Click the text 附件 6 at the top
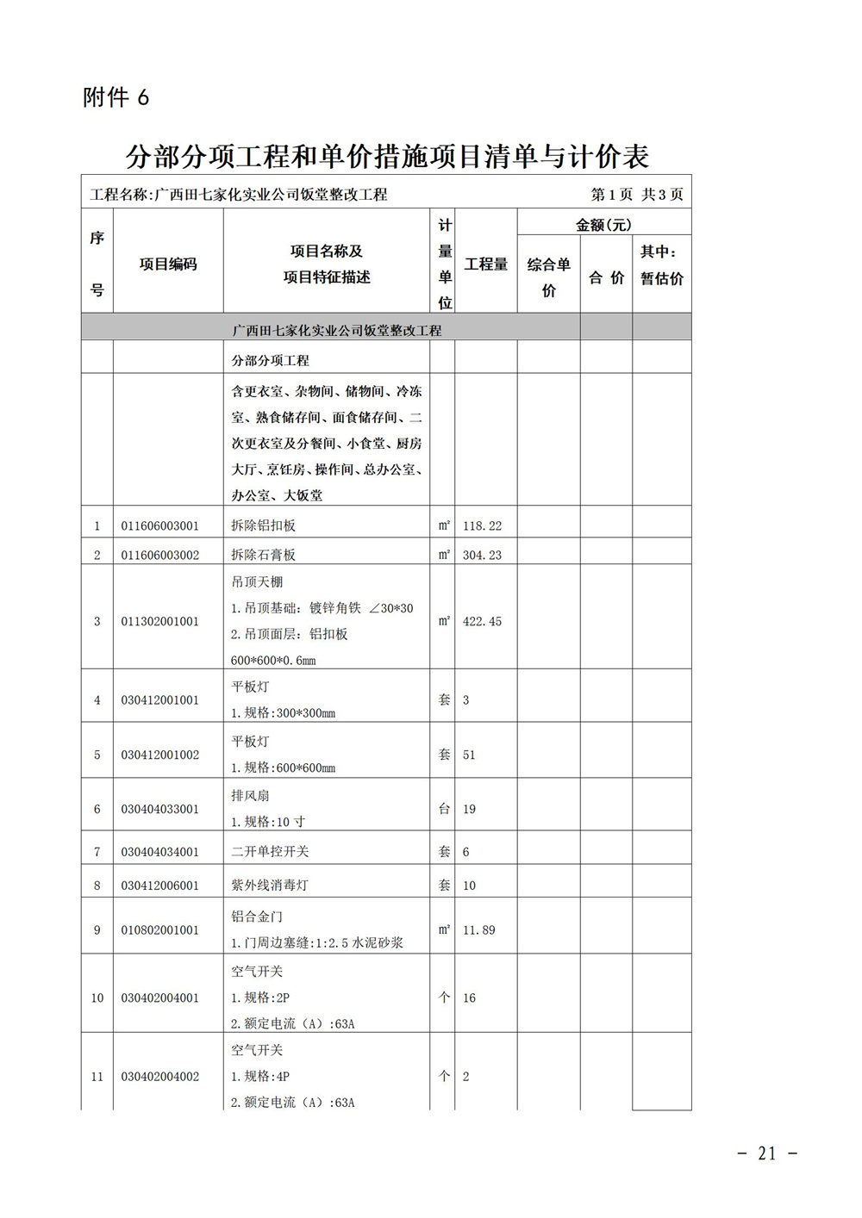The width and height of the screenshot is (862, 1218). pos(116,97)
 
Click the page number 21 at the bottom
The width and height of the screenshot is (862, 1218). pos(767,1153)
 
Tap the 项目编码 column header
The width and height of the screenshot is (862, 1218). pos(168,264)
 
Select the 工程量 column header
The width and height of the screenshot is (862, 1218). pos(485,264)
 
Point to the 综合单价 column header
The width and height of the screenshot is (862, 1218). pos(548,277)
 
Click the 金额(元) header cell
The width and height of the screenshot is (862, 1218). pos(603,225)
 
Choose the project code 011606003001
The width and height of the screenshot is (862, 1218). pos(159,525)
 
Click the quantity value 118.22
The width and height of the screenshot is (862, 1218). pos(482,525)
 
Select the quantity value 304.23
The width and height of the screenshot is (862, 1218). pos(482,555)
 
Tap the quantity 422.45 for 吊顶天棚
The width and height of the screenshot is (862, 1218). pos(482,621)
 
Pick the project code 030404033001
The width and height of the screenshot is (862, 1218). pos(159,809)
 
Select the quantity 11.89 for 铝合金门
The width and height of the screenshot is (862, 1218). pos(478,930)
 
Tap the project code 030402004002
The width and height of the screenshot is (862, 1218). pos(159,1076)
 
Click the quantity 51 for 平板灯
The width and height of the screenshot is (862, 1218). pos(469,755)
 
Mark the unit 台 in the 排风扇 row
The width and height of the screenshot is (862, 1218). pos(444,809)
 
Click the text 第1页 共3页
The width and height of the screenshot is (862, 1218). pos(636,195)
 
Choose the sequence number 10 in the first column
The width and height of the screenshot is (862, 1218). pos(97,997)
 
